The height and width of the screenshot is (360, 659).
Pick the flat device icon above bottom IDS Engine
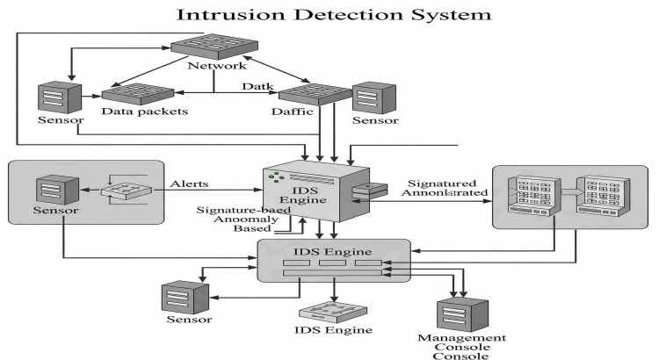click(x=334, y=311)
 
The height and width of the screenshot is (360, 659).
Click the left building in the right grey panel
click(x=530, y=194)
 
